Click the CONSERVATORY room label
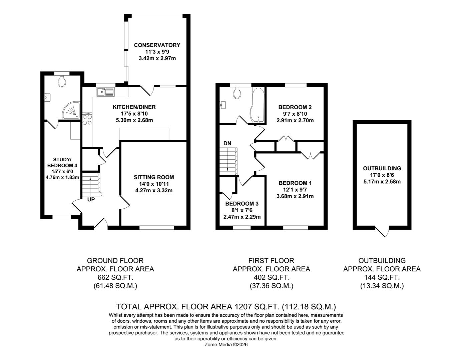[157, 45]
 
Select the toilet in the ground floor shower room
[62, 81]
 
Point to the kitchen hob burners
[87, 119]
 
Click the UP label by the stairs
[91, 200]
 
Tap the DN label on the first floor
[227, 143]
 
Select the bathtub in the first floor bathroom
[257, 106]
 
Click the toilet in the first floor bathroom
[237, 93]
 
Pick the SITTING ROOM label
[154, 177]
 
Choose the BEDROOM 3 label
[242, 204]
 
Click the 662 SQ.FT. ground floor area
[115, 277]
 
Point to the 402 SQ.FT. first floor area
[271, 277]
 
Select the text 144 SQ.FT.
[382, 277]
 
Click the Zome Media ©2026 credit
[226, 345]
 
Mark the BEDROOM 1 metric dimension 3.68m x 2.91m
[295, 196]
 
